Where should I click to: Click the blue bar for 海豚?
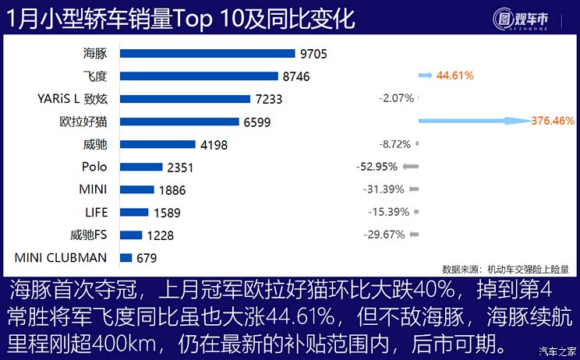(208, 54)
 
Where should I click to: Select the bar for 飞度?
(199, 76)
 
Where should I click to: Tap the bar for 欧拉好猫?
(179, 122)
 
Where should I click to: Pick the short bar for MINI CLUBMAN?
(126, 257)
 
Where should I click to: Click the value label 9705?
(314, 54)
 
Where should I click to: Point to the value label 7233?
(268, 99)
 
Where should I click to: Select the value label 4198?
(213, 144)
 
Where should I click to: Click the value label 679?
(145, 257)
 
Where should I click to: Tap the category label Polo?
(94, 167)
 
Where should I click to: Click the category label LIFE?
(97, 212)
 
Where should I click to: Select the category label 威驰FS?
(89, 235)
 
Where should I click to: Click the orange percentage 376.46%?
(552, 122)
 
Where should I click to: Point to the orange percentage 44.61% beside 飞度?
(455, 76)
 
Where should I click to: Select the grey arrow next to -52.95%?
(412, 167)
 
